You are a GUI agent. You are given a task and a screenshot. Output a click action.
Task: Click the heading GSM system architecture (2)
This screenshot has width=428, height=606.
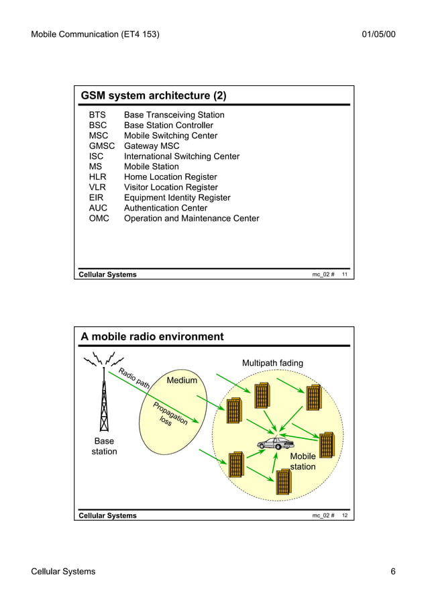(x=153, y=95)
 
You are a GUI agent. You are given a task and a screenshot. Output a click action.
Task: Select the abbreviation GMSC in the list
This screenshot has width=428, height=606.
(x=102, y=146)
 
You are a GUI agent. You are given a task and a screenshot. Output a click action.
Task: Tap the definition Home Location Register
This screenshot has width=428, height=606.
(x=170, y=176)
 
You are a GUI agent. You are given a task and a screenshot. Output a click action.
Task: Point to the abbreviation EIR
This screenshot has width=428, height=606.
(x=97, y=197)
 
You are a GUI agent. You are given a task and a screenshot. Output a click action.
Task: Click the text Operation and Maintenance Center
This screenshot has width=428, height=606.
(x=191, y=218)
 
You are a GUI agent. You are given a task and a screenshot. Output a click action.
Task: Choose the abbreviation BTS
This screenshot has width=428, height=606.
(x=97, y=115)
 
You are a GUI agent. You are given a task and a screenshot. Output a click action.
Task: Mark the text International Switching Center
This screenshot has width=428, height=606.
(x=181, y=156)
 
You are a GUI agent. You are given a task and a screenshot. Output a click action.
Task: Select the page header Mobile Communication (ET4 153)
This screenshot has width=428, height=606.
(x=95, y=34)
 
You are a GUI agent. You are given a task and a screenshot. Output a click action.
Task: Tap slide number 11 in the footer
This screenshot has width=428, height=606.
(x=343, y=274)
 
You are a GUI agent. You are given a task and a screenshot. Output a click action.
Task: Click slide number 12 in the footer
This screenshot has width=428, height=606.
(x=343, y=515)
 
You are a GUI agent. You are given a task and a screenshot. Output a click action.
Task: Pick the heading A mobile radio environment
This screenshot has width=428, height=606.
(x=152, y=336)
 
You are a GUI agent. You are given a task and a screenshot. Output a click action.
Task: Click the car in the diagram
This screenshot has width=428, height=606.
(x=275, y=443)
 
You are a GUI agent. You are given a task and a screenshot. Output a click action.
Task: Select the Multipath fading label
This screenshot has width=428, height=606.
(x=272, y=363)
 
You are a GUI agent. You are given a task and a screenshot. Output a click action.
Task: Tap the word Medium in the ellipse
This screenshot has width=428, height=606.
(x=182, y=381)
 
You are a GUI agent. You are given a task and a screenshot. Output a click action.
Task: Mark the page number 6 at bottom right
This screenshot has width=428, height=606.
(x=393, y=571)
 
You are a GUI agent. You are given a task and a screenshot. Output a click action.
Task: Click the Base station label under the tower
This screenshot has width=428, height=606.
(x=104, y=446)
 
